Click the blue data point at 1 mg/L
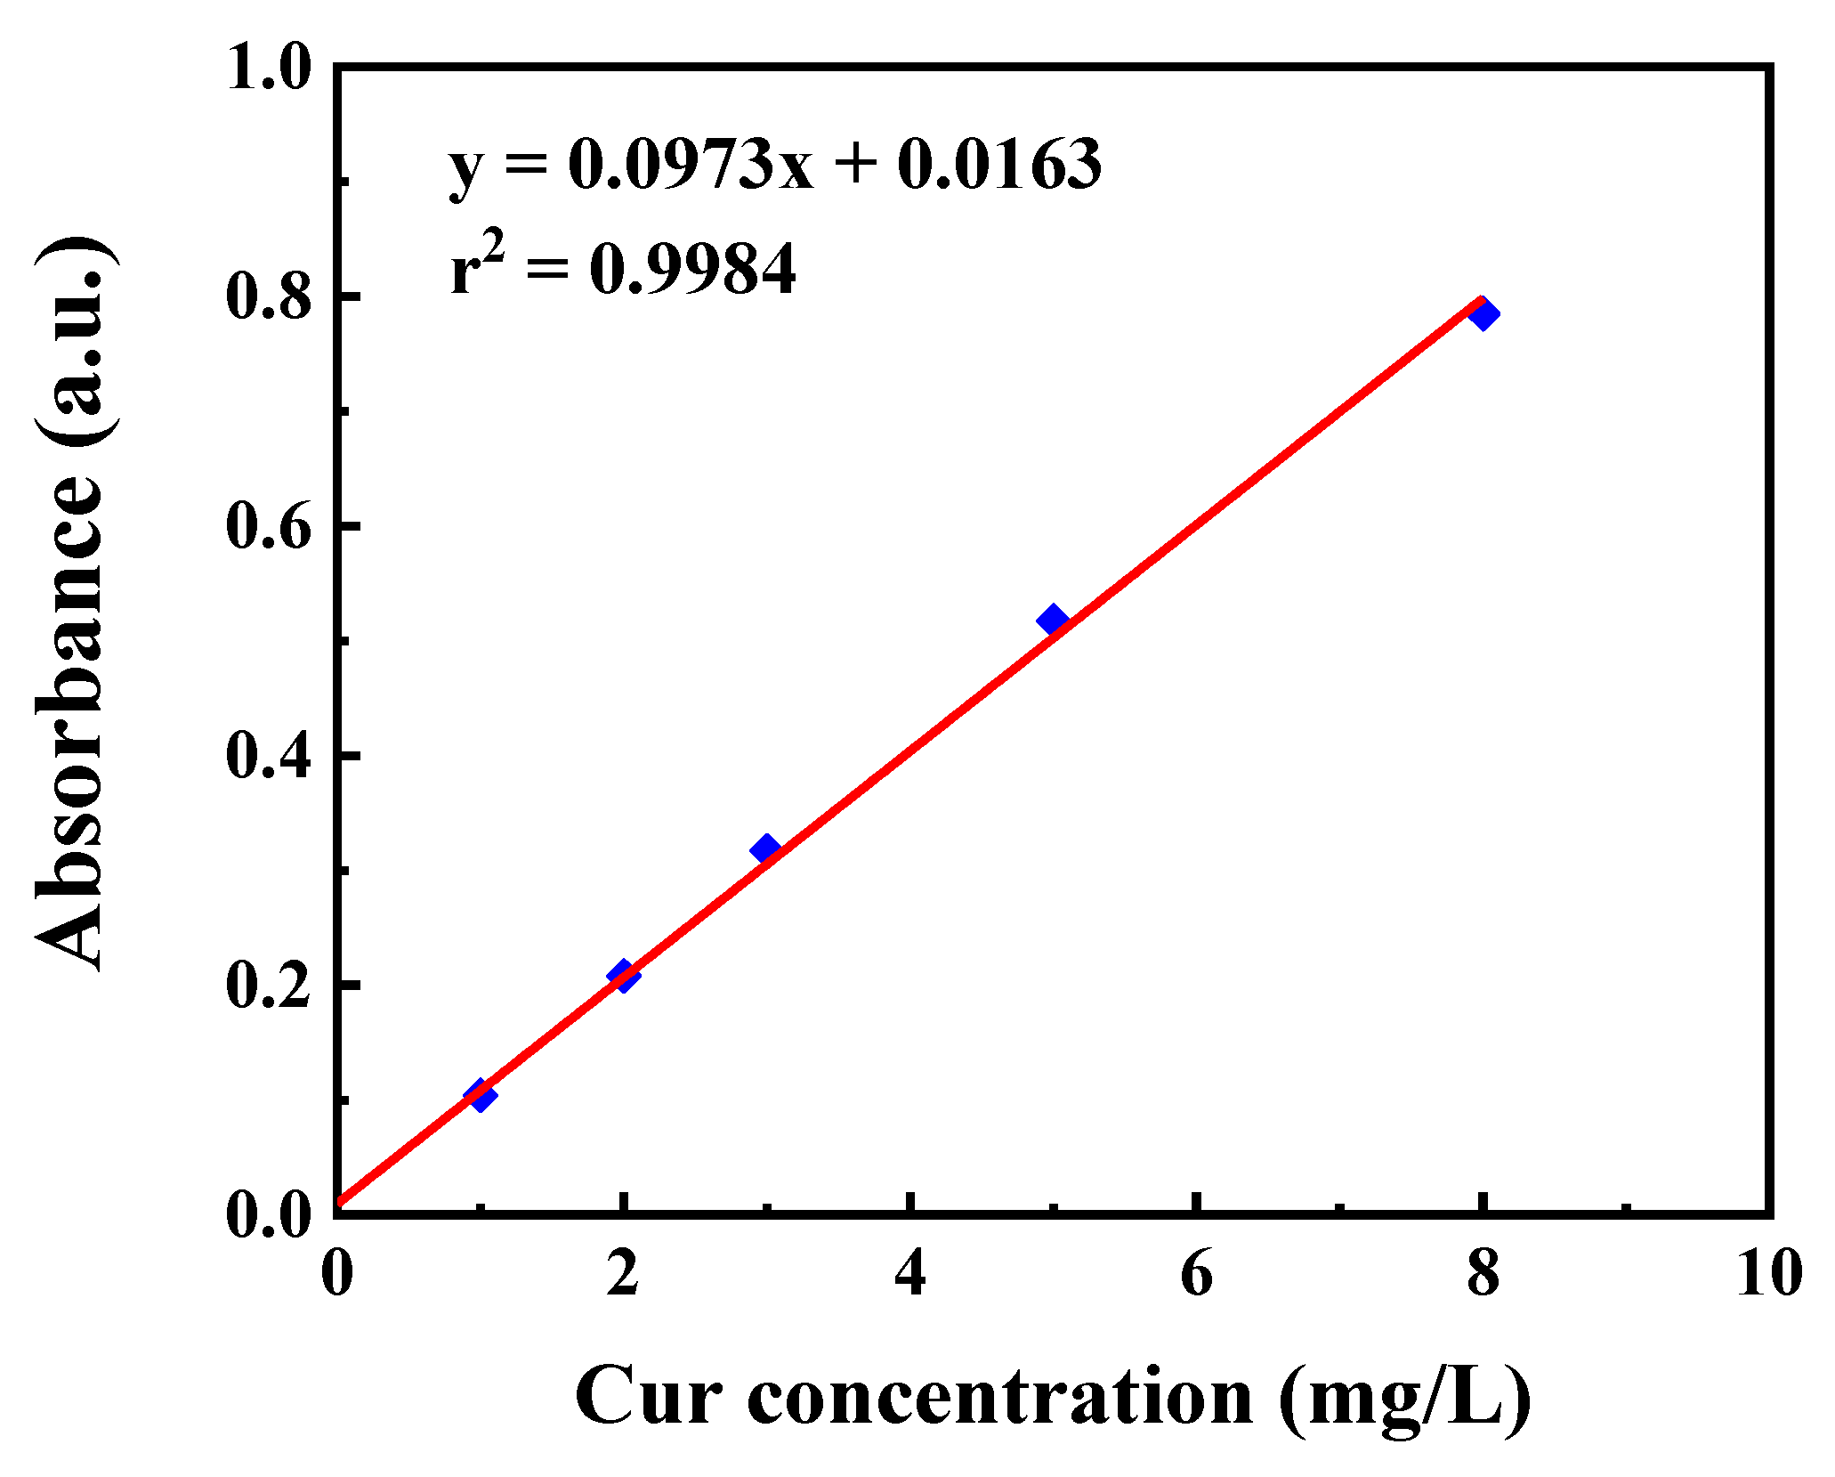coord(481,1095)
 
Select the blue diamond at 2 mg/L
coord(624,976)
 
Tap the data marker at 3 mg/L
coord(765,848)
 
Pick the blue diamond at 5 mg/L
coord(1053,619)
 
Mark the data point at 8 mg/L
coord(1483,313)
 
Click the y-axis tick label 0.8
coord(269,296)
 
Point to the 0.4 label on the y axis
coord(269,756)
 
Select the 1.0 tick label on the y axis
coord(269,68)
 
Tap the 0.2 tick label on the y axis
coord(269,986)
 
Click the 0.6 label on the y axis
coord(269,526)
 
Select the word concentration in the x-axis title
coord(1000,1396)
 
